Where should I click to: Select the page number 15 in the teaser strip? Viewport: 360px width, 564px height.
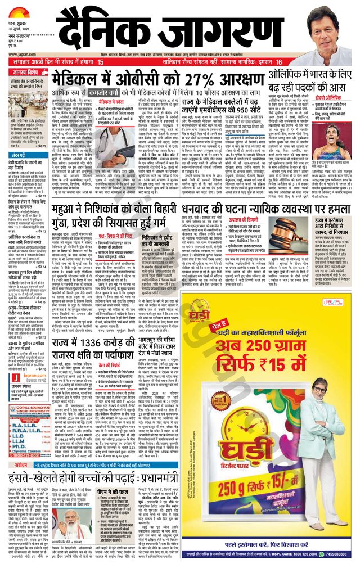click(100, 61)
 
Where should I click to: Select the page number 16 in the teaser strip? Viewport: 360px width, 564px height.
click(279, 61)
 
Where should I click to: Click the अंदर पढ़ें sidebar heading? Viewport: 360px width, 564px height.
click(23, 155)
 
